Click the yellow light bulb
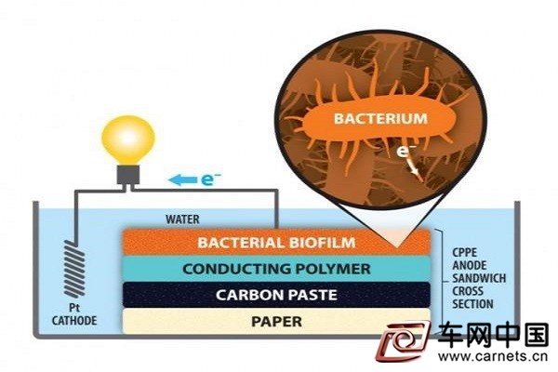point(128,139)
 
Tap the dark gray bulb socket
point(128,175)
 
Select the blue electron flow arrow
point(182,180)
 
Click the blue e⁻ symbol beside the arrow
point(211,179)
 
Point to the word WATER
point(182,219)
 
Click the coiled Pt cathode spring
point(74,269)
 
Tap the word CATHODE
point(74,320)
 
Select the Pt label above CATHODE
point(74,308)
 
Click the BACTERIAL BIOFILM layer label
point(276,243)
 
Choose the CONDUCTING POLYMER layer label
point(276,269)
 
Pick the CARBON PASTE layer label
point(276,295)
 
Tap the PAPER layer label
point(276,322)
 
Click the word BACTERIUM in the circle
point(380,118)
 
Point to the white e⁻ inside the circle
point(406,151)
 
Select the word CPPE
point(465,252)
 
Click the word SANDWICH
point(479,278)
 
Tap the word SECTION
point(473,304)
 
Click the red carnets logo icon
point(404,340)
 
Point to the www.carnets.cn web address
point(493,356)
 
